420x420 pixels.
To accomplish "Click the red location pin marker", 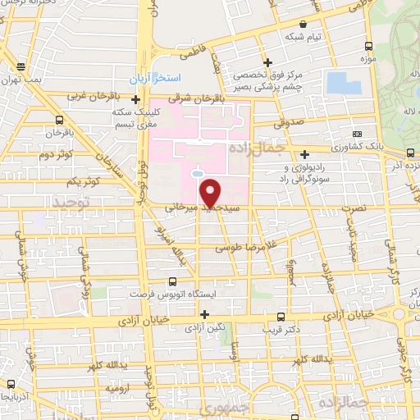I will tap(211, 193).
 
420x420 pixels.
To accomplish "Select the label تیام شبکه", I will tap(303, 38).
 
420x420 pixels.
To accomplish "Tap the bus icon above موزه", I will tap(368, 47).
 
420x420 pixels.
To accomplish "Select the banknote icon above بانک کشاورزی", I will tap(357, 134).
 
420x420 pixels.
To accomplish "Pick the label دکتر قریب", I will tap(281, 330).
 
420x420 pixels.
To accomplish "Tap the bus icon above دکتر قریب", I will tap(281, 317).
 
